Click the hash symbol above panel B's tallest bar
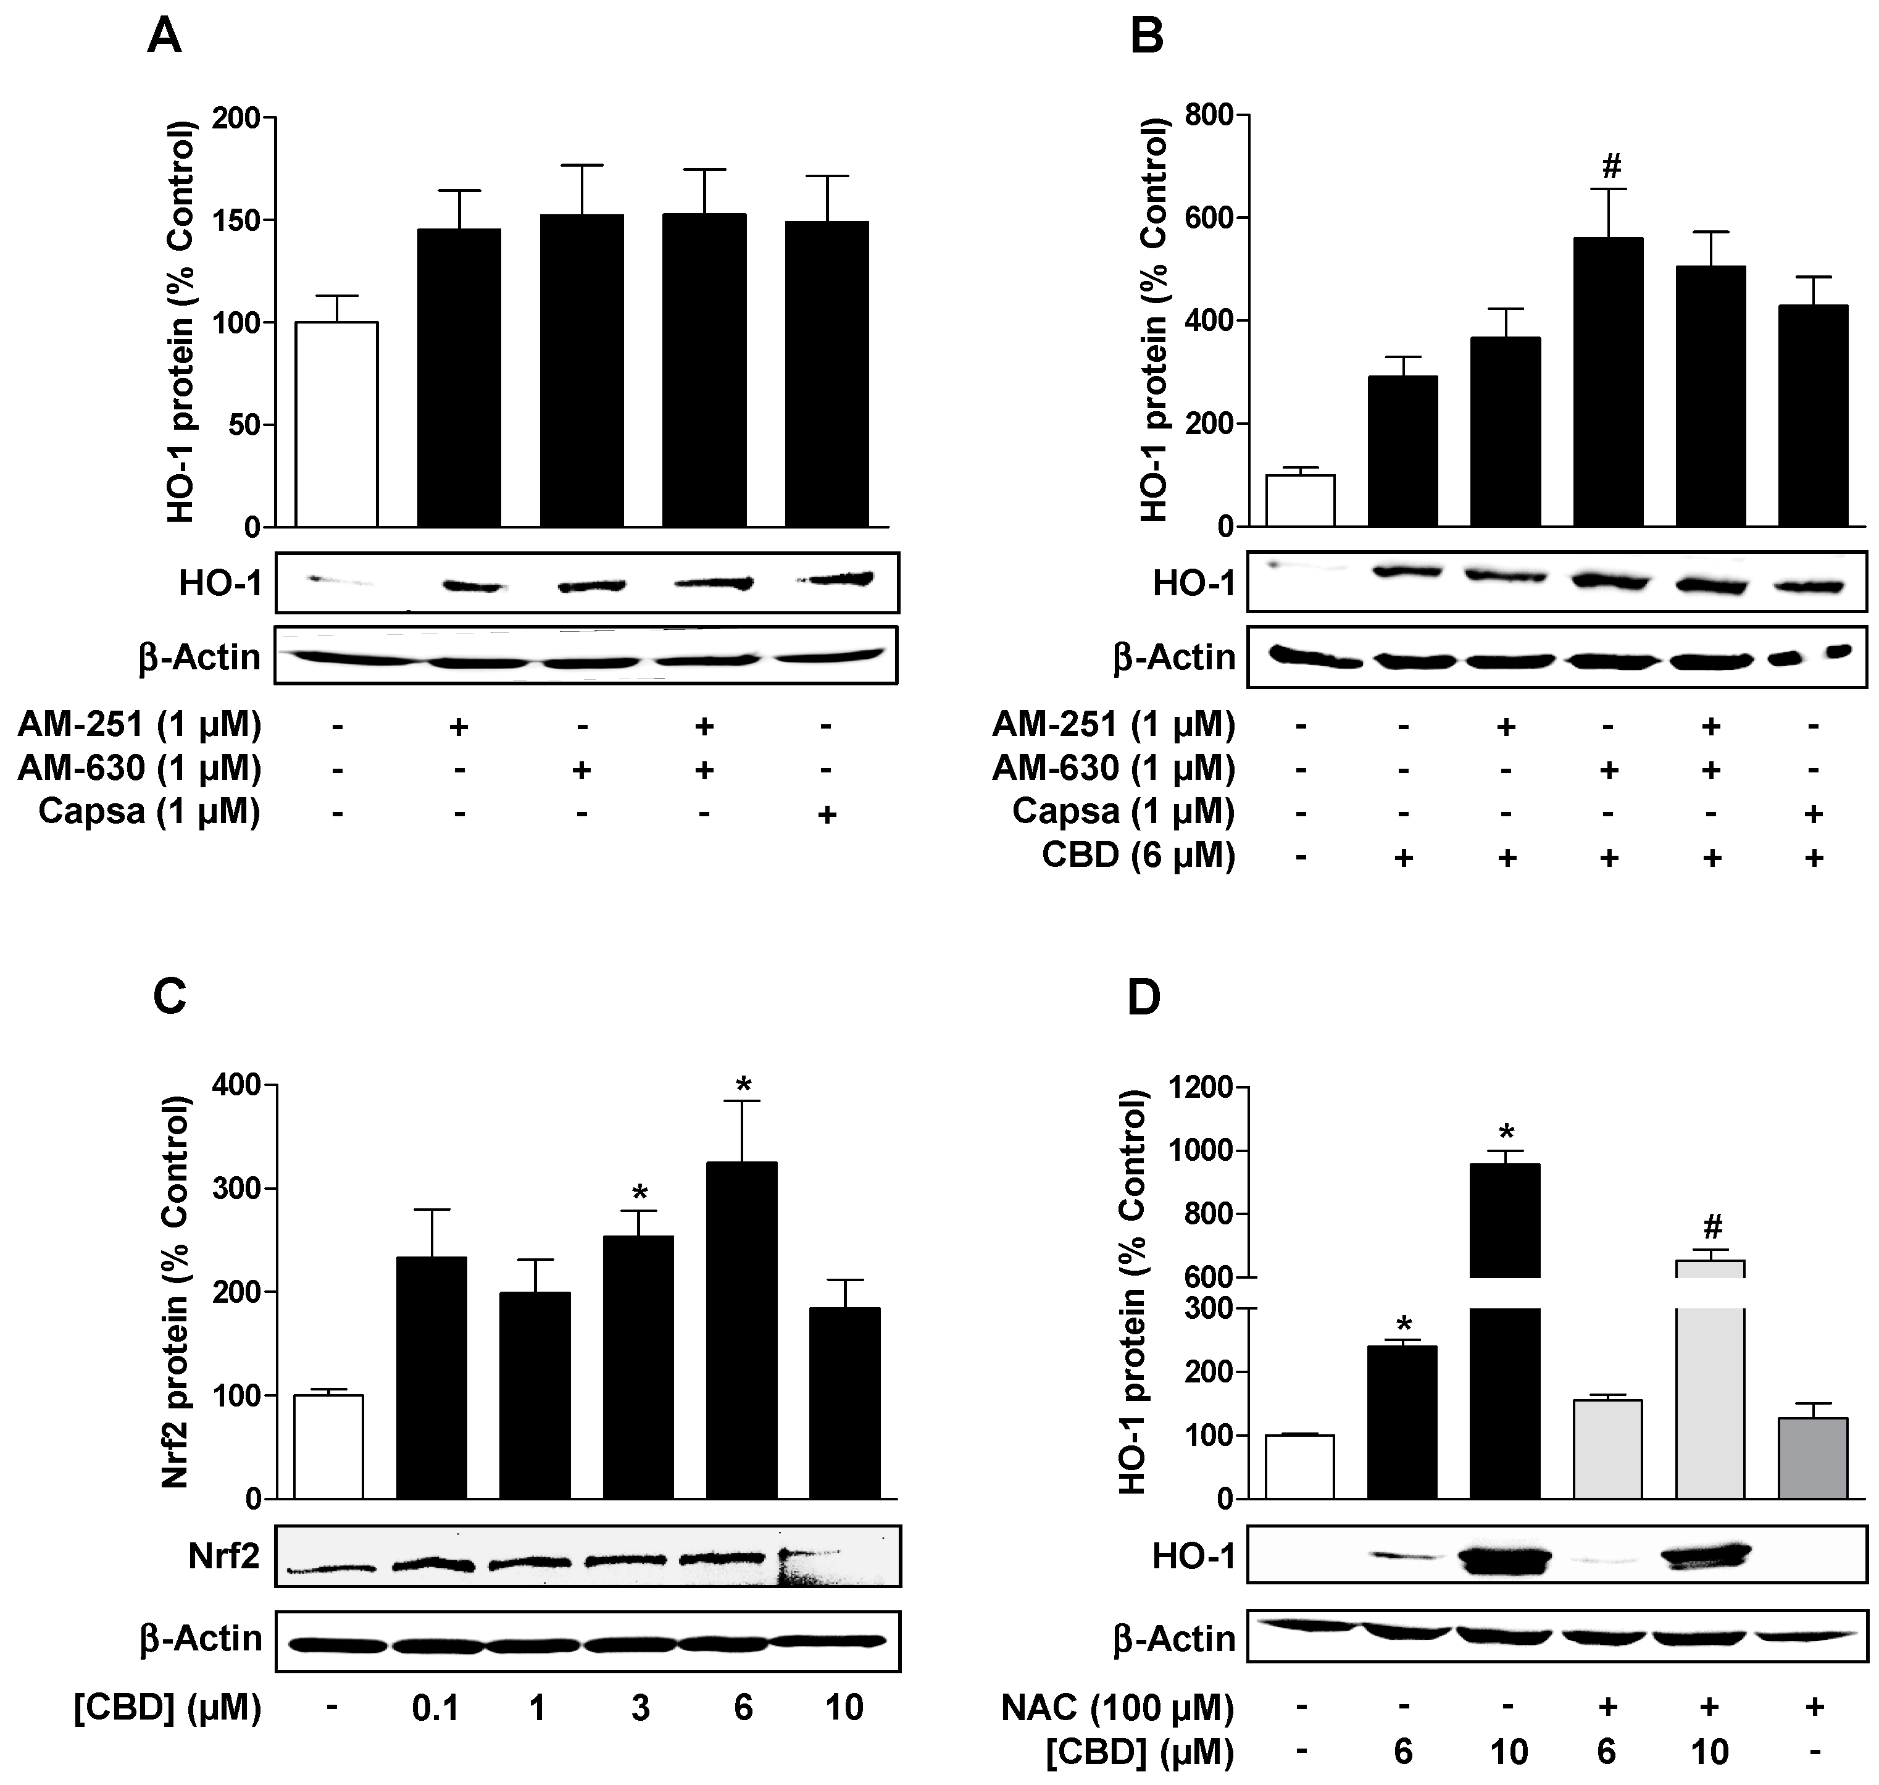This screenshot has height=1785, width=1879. (x=1610, y=167)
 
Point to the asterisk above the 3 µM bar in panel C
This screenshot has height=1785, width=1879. (x=640, y=1193)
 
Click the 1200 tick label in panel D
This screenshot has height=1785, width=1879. (x=1199, y=1087)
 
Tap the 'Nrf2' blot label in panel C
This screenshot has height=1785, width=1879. (x=223, y=1557)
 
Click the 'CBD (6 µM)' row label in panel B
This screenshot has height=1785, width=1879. (x=1138, y=855)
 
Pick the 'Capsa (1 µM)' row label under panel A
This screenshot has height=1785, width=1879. (x=149, y=812)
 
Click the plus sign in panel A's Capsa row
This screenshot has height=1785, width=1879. (x=827, y=814)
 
